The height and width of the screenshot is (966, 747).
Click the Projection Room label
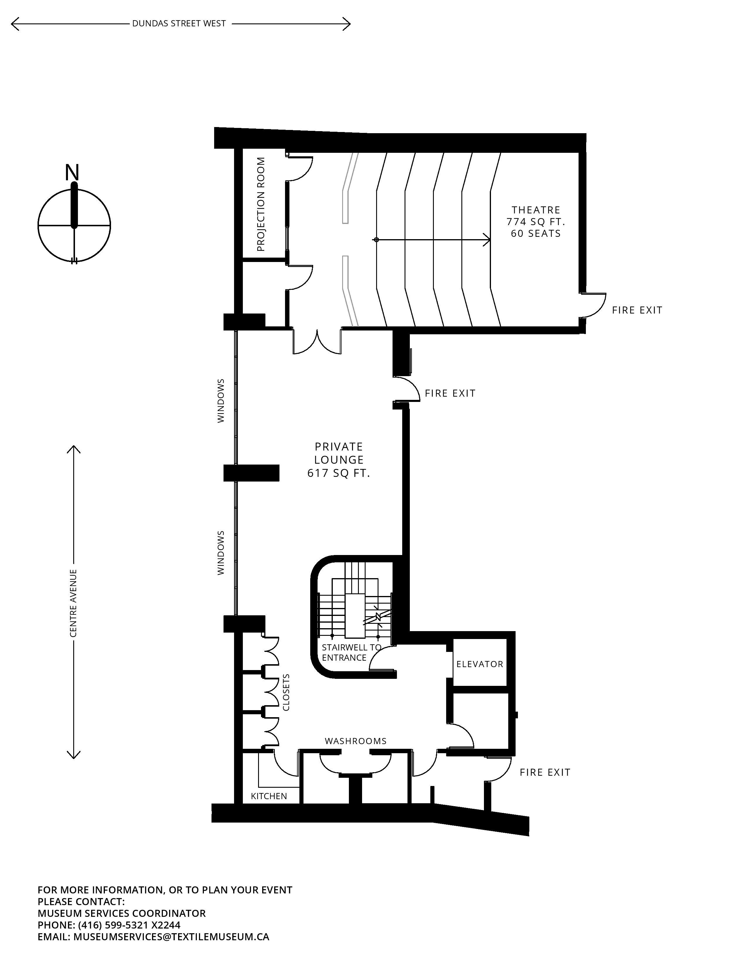tap(261, 204)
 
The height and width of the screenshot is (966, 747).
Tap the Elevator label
tap(480, 664)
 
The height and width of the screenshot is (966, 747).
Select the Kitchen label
tap(269, 796)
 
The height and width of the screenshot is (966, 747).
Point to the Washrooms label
tap(356, 741)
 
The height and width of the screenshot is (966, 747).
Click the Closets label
tap(286, 692)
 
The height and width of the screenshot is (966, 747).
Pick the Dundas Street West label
tap(179, 23)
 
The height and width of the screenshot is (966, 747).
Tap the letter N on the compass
tap(72, 172)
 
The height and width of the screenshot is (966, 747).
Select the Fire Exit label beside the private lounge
tap(450, 393)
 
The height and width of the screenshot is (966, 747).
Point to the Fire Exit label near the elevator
tap(545, 772)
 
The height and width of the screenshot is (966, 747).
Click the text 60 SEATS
tap(536, 234)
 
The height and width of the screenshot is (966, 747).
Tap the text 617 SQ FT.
tap(339, 473)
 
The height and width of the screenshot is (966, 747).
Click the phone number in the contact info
tap(129, 925)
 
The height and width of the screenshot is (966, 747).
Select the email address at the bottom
tap(171, 936)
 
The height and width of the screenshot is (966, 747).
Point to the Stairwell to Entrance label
tap(351, 652)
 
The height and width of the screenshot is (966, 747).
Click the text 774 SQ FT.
tap(536, 222)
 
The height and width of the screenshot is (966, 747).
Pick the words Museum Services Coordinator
tap(122, 913)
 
